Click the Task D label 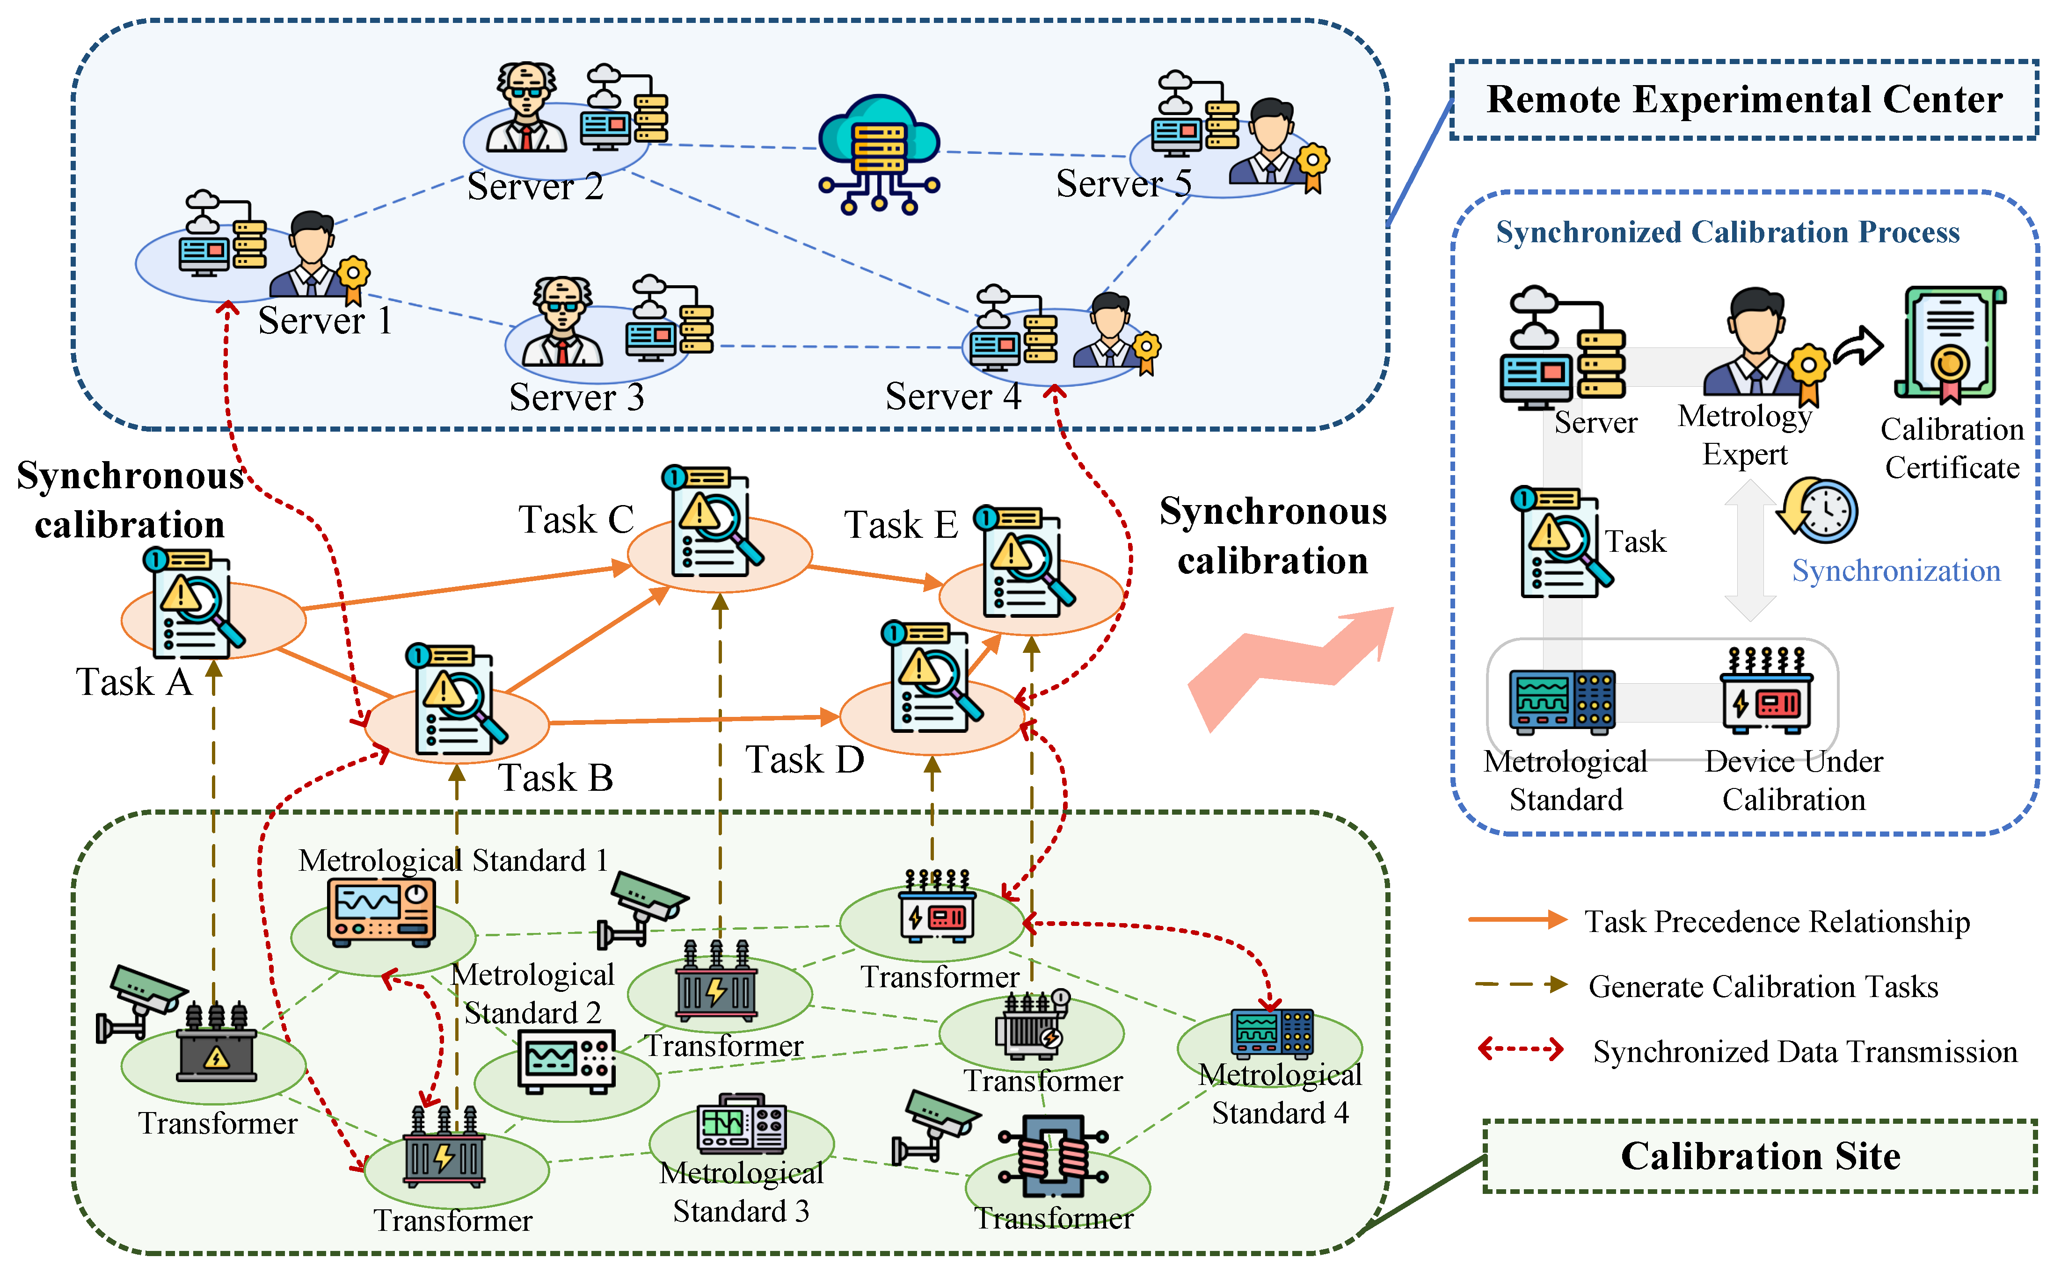(804, 759)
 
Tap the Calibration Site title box (1760, 1156)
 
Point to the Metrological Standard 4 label (1279, 1094)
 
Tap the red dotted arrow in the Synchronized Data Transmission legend (1520, 1049)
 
